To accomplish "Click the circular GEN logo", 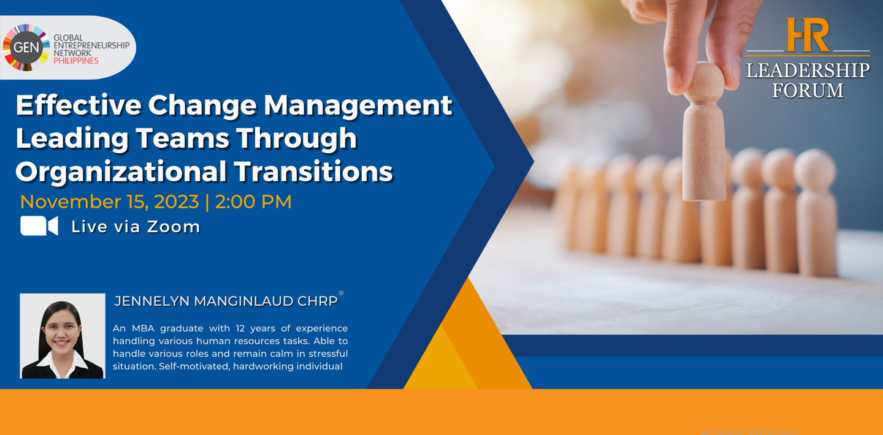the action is [26, 48].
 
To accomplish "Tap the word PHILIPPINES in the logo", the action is [76, 61].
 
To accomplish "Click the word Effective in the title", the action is [78, 105].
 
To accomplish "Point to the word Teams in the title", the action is [183, 138].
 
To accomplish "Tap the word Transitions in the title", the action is [313, 172].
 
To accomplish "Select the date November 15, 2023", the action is [109, 202].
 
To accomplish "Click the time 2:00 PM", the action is [253, 202].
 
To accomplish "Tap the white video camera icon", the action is [39, 226].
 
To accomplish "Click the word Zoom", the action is [174, 227].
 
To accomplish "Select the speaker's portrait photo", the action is [63, 336].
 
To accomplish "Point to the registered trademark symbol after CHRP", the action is [342, 293].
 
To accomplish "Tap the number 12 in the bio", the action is [240, 328].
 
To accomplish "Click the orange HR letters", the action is [808, 35].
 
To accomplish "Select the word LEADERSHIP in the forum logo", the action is [808, 70].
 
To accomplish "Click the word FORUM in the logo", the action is [808, 91].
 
